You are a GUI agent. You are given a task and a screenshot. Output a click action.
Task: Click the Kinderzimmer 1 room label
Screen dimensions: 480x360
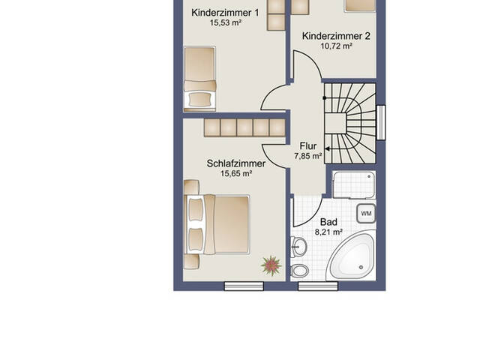pos(225,13)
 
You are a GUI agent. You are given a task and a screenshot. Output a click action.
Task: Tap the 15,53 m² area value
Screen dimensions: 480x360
pos(225,22)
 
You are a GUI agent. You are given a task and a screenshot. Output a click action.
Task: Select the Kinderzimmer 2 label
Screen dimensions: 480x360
pos(336,36)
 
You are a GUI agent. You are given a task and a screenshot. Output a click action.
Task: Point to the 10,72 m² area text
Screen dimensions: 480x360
pos(336,46)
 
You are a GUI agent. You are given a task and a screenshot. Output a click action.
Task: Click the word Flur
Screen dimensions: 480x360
pos(308,146)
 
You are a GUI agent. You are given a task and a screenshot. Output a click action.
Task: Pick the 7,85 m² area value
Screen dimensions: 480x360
pos(308,156)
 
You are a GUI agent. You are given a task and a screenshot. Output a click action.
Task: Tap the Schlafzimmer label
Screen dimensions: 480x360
pos(236,163)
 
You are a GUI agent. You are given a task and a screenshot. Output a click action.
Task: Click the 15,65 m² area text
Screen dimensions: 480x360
pos(236,173)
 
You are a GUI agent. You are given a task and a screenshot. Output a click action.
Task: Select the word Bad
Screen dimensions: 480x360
pos(328,222)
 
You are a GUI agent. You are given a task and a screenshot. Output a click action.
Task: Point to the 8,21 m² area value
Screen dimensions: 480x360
pos(328,232)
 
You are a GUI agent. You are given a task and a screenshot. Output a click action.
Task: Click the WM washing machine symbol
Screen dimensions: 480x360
pos(366,213)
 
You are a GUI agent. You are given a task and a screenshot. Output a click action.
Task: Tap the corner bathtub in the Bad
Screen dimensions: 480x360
pos(352,256)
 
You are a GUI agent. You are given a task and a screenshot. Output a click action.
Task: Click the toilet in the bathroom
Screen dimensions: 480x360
pos(299,271)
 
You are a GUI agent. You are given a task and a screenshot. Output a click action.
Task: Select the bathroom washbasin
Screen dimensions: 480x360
pos(298,246)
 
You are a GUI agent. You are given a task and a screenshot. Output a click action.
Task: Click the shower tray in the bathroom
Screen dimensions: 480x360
pos(354,185)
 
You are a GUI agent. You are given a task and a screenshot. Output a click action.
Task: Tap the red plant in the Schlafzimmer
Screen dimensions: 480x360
pos(271,265)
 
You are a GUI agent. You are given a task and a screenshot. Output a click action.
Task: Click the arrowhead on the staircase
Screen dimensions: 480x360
pos(327,149)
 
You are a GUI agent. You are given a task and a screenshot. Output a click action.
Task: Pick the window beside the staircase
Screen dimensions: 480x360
pos(381,122)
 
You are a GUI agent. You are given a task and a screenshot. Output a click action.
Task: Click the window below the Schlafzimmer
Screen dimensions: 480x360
pos(244,286)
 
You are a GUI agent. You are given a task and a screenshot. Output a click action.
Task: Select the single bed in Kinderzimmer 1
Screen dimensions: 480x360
pos(199,79)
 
